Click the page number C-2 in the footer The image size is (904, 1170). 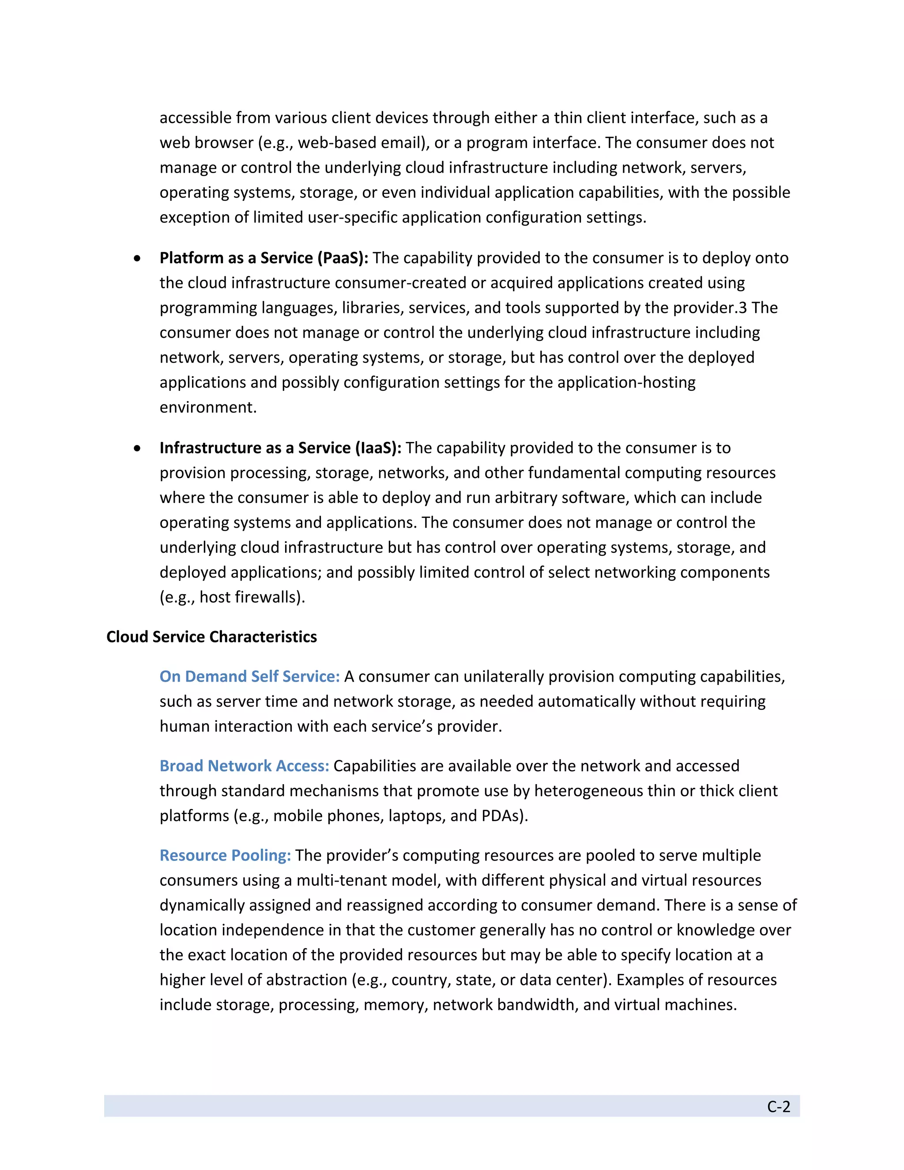pyautogui.click(x=778, y=1107)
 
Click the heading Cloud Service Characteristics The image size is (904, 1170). pyautogui.click(x=211, y=637)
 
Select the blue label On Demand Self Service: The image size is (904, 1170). pyautogui.click(x=249, y=676)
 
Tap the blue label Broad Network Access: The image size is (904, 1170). pyautogui.click(x=244, y=766)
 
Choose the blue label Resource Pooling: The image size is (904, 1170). pyautogui.click(x=225, y=856)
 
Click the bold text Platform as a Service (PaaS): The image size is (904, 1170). pyautogui.click(x=264, y=258)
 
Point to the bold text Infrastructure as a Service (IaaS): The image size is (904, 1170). pyautogui.click(x=280, y=448)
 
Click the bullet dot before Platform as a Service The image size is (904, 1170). pyautogui.click(x=138, y=259)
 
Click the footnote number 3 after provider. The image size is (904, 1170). pyautogui.click(x=743, y=308)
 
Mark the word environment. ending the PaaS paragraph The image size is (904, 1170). pyautogui.click(x=208, y=408)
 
